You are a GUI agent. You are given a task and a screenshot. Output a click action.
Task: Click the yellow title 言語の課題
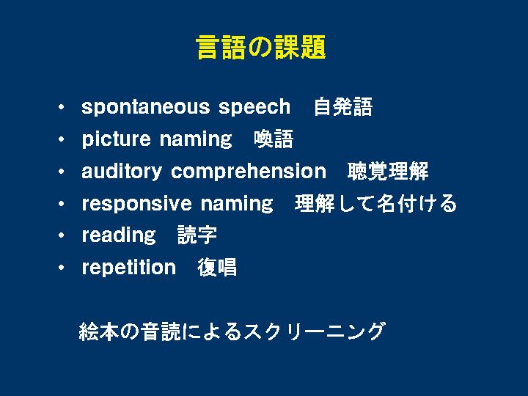click(260, 47)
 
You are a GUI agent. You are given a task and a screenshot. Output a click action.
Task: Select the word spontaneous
click(146, 107)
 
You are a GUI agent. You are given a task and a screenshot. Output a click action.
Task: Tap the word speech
click(254, 107)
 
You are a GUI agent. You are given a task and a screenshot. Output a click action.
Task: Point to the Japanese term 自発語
click(343, 107)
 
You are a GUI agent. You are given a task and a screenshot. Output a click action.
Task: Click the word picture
click(116, 139)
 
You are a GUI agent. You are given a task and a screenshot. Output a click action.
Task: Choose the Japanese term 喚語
click(274, 139)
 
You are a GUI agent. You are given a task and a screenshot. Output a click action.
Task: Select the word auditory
click(122, 172)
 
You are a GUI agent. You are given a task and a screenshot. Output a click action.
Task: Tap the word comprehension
click(249, 172)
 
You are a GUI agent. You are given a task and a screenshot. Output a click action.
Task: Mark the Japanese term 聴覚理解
click(388, 171)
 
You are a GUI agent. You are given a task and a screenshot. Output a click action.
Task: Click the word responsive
click(137, 204)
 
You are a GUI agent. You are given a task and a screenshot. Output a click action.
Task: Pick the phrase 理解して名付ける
click(375, 203)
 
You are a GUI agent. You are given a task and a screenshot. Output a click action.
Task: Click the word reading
click(119, 235)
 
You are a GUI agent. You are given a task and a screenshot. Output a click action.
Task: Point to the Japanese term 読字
click(197, 235)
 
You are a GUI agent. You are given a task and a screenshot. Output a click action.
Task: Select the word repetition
click(129, 268)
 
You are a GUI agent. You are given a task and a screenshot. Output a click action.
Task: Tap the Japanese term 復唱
click(217, 268)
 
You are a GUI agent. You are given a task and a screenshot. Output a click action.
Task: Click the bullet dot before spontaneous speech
click(61, 107)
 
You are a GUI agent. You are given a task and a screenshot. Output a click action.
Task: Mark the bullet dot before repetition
click(61, 268)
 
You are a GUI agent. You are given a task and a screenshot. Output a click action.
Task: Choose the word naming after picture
click(196, 139)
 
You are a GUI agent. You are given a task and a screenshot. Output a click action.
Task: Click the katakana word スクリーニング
click(314, 331)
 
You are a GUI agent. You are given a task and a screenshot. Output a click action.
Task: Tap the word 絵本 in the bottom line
click(98, 331)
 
